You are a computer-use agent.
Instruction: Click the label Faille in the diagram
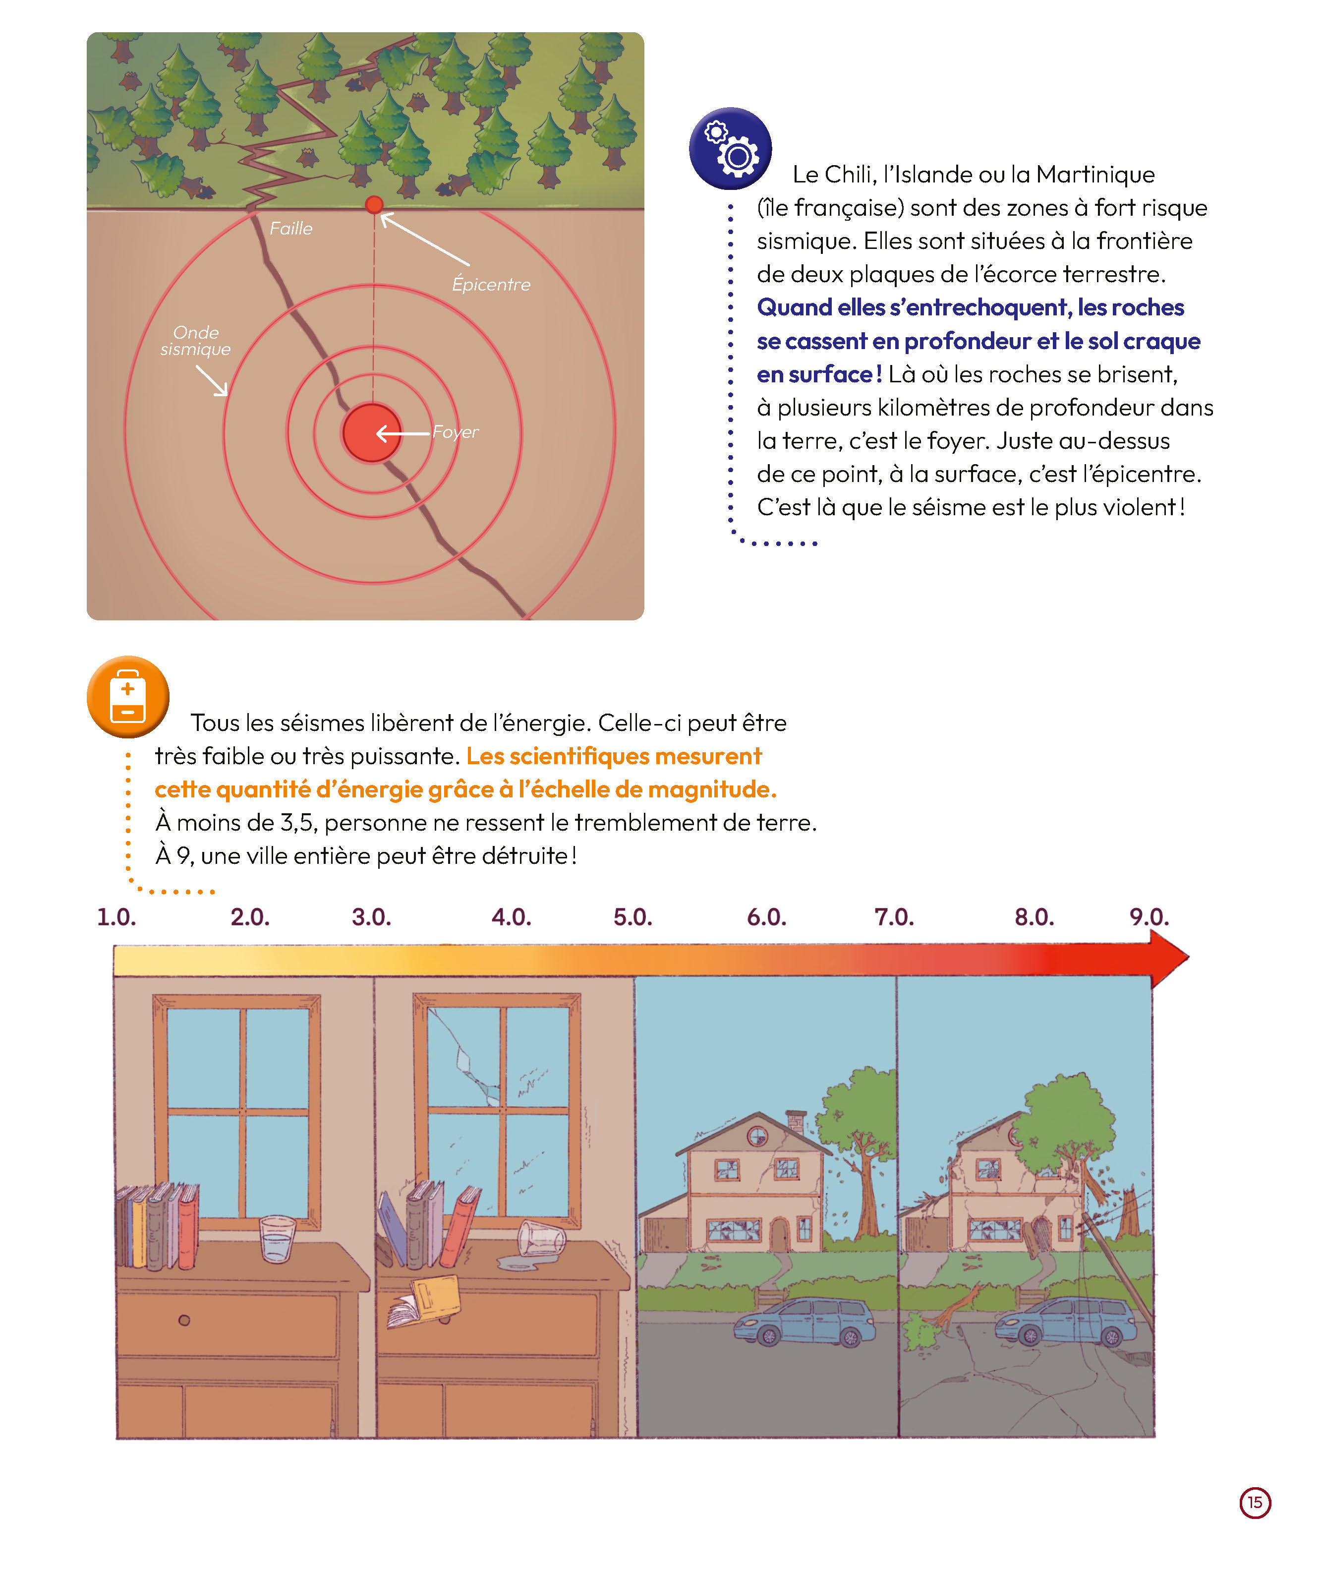[x=291, y=228]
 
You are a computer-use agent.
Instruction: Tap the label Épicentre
[x=491, y=284]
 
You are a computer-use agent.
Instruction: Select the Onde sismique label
[x=196, y=341]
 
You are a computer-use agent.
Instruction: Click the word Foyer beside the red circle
[x=455, y=432]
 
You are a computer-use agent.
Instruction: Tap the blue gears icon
[x=730, y=148]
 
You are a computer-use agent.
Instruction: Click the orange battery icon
[x=127, y=697]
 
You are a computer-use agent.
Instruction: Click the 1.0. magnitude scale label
[x=116, y=916]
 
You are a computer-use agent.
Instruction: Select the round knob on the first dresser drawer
[x=184, y=1320]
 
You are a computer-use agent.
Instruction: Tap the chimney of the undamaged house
[x=795, y=1123]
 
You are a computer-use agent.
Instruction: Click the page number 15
[x=1255, y=1503]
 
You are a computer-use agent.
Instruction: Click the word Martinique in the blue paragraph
[x=1095, y=175]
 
